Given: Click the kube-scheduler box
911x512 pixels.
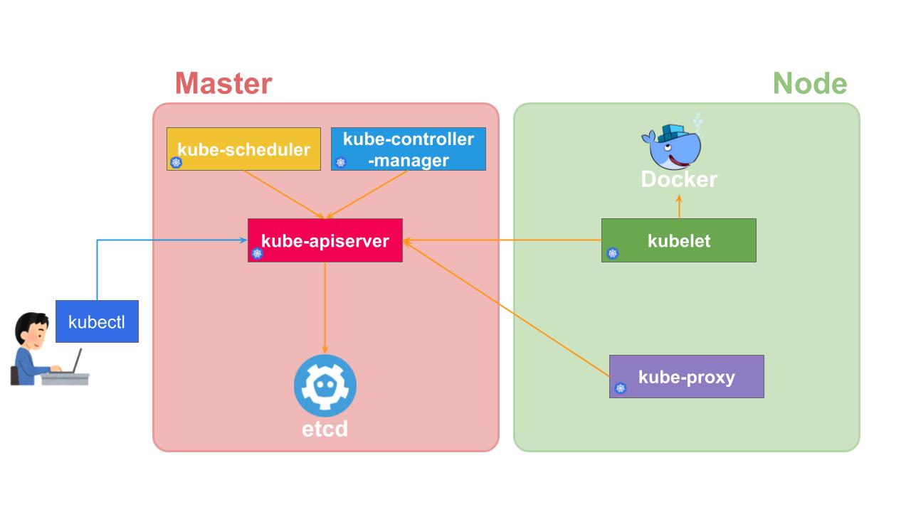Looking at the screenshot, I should (x=243, y=149).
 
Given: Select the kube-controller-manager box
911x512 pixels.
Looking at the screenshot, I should (x=409, y=149).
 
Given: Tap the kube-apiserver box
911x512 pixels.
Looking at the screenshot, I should (x=325, y=240).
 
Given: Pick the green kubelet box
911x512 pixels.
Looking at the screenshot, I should (x=679, y=240).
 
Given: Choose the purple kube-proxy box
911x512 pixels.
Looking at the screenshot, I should (x=687, y=376).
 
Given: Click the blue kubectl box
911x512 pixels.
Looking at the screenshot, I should (x=97, y=321).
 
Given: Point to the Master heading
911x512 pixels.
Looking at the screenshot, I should (x=223, y=83).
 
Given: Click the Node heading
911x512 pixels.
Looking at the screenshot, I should (x=810, y=83).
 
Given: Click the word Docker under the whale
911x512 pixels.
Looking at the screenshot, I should (x=679, y=179).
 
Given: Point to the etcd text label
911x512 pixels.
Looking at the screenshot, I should (x=325, y=429).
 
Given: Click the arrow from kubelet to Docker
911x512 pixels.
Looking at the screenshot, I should (x=679, y=206).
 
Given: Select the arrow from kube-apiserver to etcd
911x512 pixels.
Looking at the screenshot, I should (x=325, y=306).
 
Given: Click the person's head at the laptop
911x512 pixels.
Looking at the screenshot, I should (x=29, y=328).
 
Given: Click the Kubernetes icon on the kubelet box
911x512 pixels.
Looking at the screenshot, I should (x=613, y=253).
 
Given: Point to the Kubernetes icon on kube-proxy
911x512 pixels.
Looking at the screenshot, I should (x=621, y=388).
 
